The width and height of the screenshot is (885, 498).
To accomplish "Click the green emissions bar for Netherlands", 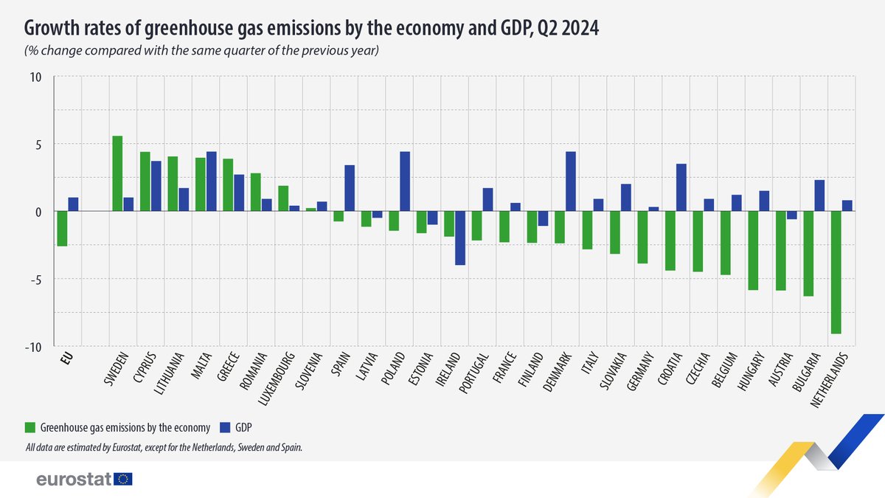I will tap(836, 272).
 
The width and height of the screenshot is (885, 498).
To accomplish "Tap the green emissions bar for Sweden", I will tap(117, 173).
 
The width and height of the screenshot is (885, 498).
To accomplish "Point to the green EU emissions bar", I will tap(62, 229).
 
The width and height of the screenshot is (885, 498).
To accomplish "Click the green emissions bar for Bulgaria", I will tap(808, 254).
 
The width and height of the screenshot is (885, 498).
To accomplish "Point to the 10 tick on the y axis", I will tap(36, 77).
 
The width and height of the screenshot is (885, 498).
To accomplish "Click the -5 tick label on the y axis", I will tap(35, 280).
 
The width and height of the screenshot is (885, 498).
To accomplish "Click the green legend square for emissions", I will tap(30, 426).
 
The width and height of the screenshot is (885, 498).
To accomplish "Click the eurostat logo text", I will tap(74, 480).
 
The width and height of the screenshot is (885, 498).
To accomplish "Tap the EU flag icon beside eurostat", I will tap(123, 480).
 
